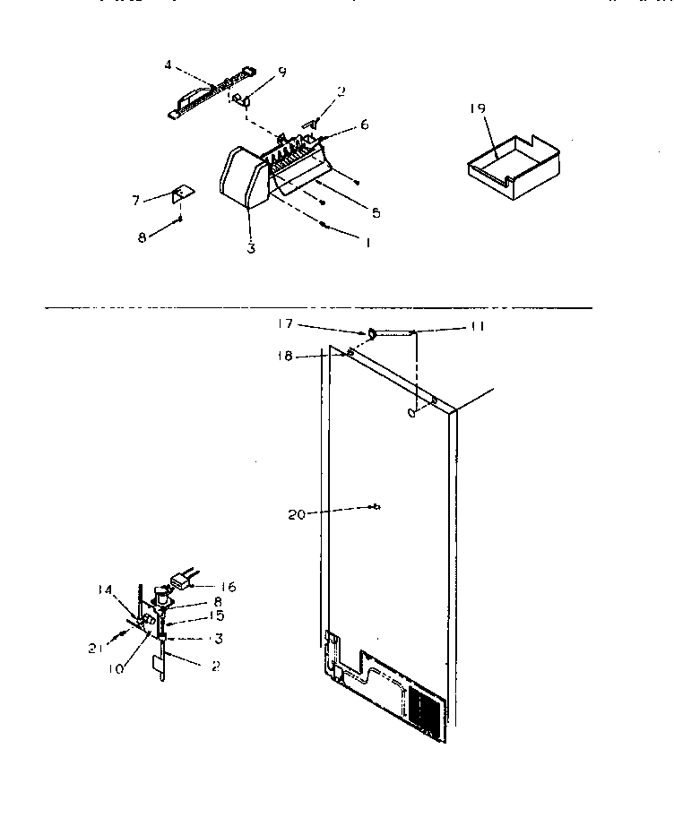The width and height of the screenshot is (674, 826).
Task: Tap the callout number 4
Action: pos(168,65)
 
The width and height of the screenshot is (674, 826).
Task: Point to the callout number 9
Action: pos(282,73)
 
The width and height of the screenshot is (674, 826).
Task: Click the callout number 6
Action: pos(364,125)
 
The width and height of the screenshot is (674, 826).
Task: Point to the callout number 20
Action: pos(298,514)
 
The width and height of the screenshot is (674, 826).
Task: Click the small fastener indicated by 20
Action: pos(374,508)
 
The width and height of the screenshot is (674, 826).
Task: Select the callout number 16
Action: pos(229,587)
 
